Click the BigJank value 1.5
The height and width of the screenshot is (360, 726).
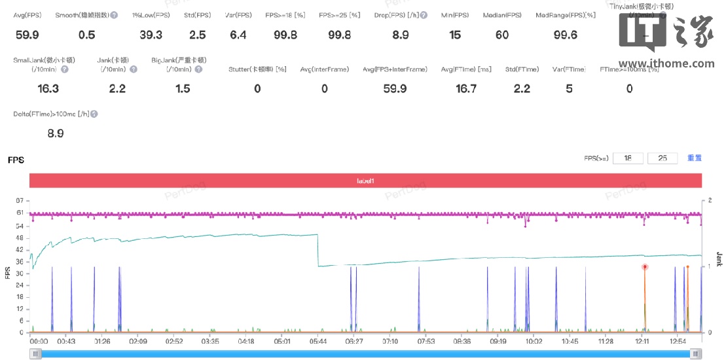point(183,88)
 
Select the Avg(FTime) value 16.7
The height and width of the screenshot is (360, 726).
point(466,88)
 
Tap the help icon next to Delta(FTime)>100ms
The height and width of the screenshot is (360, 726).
point(94,114)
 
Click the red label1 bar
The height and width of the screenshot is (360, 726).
point(365,181)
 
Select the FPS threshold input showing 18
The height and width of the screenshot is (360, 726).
point(628,158)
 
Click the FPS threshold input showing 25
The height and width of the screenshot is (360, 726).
point(662,158)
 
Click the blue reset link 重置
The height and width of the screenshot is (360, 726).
point(694,158)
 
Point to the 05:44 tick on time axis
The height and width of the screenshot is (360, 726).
point(318,341)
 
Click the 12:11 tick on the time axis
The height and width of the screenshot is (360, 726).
point(642,341)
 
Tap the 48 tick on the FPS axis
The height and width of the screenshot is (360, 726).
point(20,238)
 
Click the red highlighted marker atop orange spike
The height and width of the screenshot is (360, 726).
point(645,267)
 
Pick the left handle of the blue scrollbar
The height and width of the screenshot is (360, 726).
point(37,353)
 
